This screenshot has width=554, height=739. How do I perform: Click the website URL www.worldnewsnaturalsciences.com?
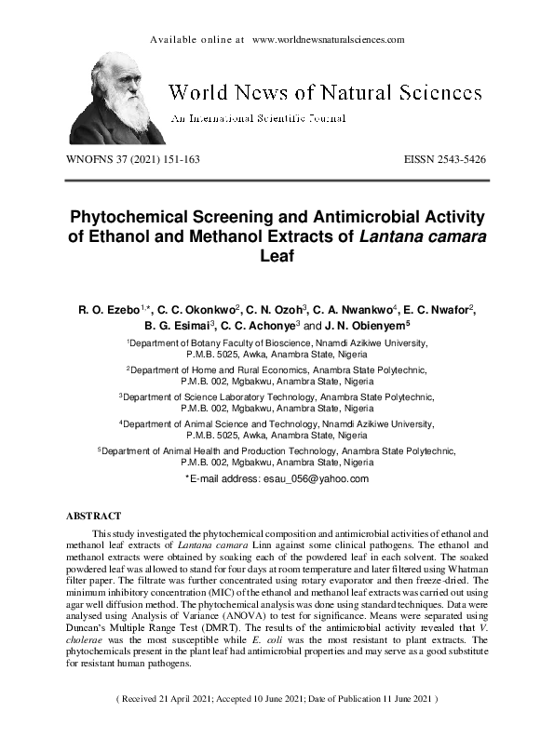pos(328,40)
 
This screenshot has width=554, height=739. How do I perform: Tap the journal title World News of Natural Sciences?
pos(324,92)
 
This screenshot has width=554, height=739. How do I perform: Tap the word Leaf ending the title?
pos(277,256)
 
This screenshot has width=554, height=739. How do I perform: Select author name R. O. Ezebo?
pos(108,309)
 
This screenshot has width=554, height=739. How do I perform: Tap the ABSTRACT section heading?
pos(95,515)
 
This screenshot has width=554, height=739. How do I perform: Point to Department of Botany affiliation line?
pos(277,343)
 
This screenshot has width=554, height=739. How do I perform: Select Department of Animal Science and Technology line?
pos(277,423)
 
